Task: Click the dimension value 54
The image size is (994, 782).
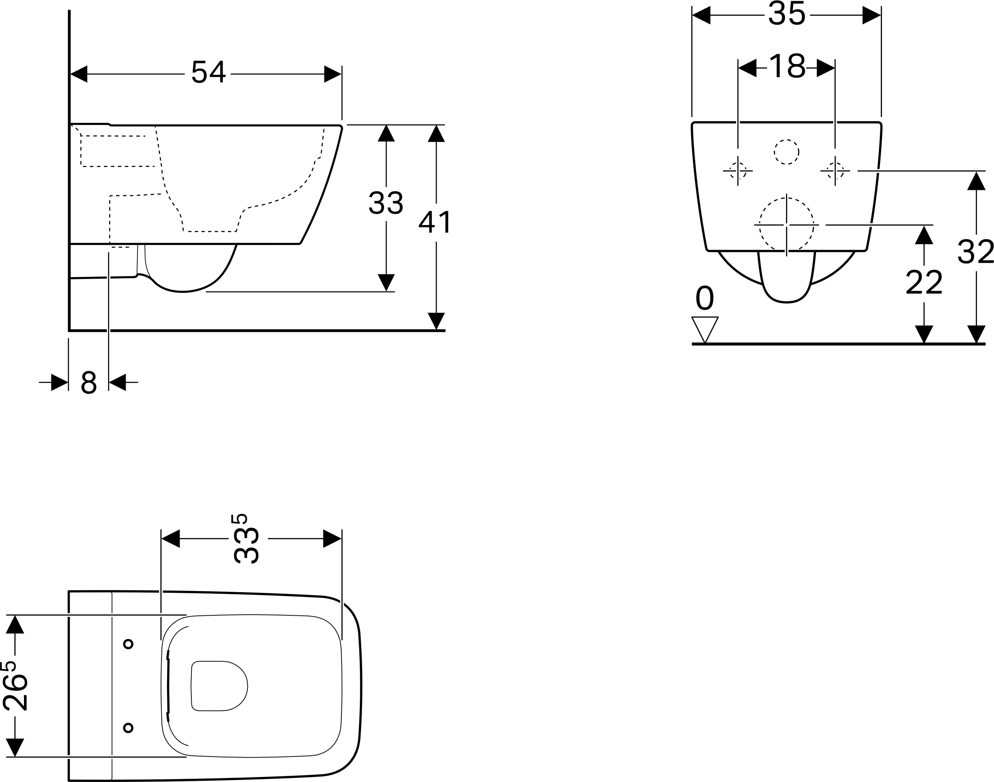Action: coord(208,72)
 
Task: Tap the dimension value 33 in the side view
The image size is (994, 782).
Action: coord(386,203)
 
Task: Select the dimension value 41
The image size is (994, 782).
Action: coord(435,222)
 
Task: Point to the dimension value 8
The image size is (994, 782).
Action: coord(88,382)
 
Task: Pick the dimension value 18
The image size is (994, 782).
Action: coord(787,67)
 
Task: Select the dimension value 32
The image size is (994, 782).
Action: coord(976,252)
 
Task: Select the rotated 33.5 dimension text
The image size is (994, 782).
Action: coord(245,539)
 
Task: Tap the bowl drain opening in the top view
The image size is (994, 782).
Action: coord(219,685)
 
